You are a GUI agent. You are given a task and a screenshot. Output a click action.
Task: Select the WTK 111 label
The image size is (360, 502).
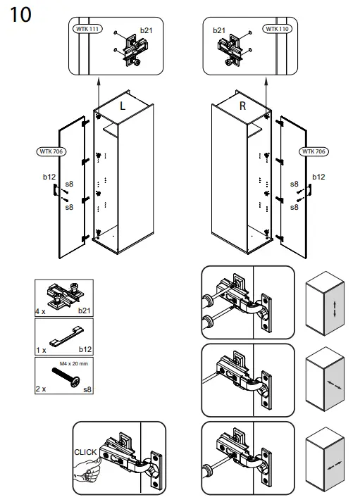tap(86, 29)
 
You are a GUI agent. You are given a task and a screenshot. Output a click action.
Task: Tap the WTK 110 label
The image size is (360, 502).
tap(276, 29)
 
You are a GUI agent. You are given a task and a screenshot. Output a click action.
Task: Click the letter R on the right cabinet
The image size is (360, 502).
tap(242, 106)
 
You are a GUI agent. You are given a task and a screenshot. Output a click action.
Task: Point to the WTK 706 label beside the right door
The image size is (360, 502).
tap(313, 151)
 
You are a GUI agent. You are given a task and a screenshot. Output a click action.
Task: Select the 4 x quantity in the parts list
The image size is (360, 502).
tap(41, 310)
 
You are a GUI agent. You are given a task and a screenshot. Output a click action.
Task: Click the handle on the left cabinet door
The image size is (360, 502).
tap(54, 190)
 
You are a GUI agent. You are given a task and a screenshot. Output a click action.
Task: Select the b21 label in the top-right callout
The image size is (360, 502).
tap(219, 31)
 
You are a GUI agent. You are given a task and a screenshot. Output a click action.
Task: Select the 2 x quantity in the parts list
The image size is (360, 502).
tap(41, 388)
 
